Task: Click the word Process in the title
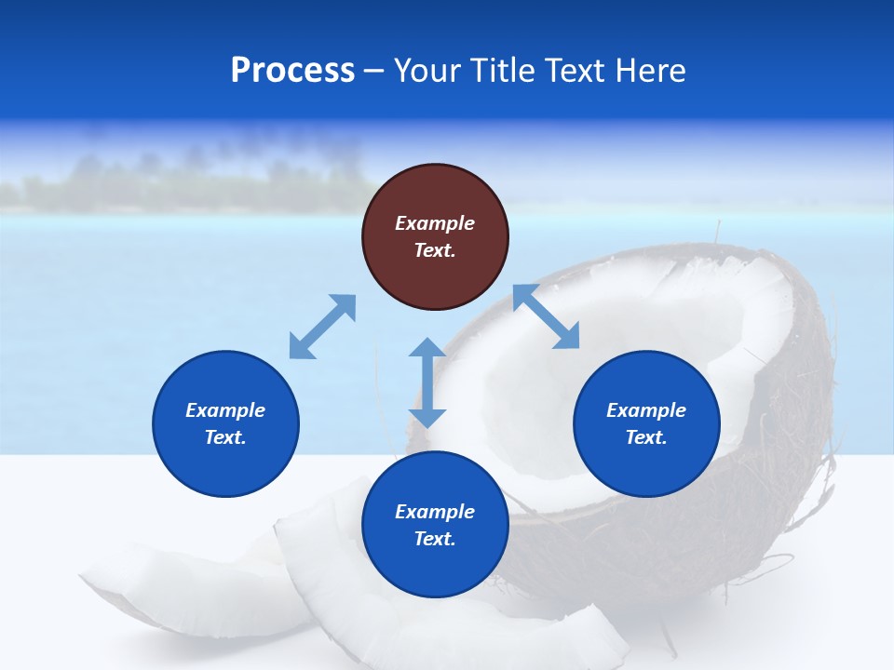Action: click(292, 71)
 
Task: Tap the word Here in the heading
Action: click(649, 71)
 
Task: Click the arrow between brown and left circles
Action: click(322, 327)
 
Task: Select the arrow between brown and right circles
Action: click(547, 317)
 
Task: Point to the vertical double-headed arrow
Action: click(427, 382)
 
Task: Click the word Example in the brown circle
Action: click(435, 223)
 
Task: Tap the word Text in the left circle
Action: click(224, 437)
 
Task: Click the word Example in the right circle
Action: click(646, 410)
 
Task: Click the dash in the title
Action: click(373, 71)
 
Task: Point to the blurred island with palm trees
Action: click(186, 181)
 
